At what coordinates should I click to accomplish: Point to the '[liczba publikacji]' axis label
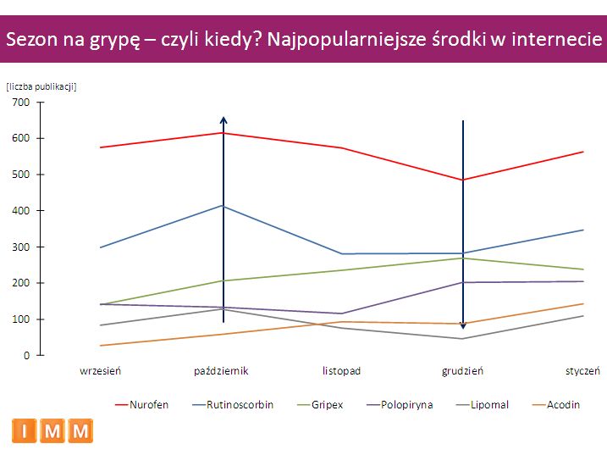[x=41, y=86]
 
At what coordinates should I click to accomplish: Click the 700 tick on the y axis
[x=21, y=103]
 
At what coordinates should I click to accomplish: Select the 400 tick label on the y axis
[x=21, y=211]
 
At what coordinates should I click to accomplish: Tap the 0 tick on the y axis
[x=26, y=356]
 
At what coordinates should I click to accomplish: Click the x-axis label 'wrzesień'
[x=101, y=371]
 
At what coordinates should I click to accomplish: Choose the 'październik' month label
[x=221, y=371]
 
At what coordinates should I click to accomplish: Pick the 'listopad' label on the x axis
[x=341, y=371]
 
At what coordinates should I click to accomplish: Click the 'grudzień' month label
[x=462, y=371]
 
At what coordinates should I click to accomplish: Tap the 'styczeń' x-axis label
[x=582, y=371]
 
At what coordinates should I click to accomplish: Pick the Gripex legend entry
[x=326, y=405]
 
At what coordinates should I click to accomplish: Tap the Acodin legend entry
[x=562, y=405]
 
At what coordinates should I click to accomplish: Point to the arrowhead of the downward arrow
[x=463, y=325]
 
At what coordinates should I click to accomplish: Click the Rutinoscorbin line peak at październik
[x=223, y=206]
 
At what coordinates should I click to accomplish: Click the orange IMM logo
[x=52, y=431]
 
